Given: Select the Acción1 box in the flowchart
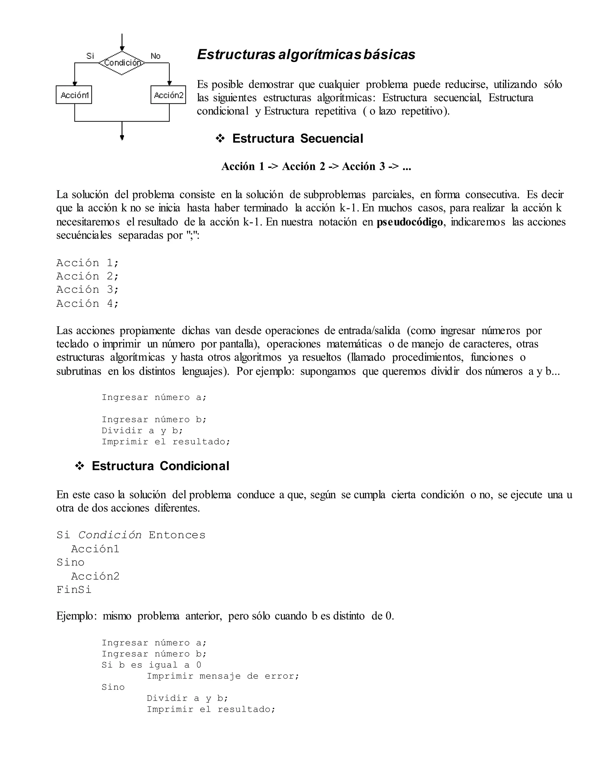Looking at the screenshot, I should [x=74, y=95].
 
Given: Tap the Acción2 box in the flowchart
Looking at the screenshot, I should [x=168, y=95].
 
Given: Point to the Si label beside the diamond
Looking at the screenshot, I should [x=90, y=56].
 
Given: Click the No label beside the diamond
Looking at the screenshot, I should [x=155, y=56].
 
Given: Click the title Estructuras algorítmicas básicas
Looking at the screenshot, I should [x=306, y=54].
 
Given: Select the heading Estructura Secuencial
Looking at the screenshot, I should [x=297, y=139].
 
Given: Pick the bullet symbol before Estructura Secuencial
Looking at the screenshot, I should [x=220, y=139].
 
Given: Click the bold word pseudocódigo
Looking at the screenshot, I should [x=410, y=222].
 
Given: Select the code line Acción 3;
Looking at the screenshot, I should [x=87, y=290].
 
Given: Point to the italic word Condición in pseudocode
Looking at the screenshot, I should [x=110, y=535].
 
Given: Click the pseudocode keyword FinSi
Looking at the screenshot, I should [x=74, y=590].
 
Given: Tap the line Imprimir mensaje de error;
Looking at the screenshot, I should [x=223, y=676].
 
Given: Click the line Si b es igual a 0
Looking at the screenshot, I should [x=151, y=665].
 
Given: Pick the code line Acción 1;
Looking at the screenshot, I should [x=87, y=263].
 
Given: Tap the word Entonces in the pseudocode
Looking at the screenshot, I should [x=177, y=535].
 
